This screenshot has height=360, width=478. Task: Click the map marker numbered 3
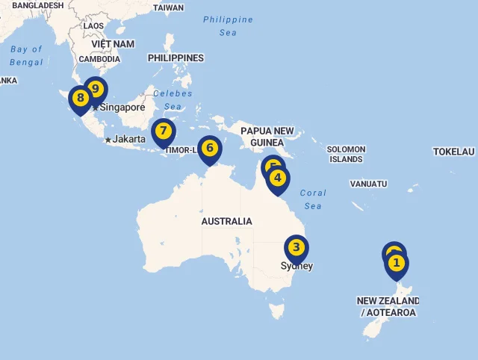[x=297, y=247]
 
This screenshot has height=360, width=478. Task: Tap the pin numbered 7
[x=163, y=131]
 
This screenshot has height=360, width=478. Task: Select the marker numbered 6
[x=210, y=148]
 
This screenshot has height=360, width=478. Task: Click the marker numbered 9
[x=95, y=89]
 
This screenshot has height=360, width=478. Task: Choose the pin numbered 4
[x=278, y=178]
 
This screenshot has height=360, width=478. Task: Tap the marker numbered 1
[x=397, y=263]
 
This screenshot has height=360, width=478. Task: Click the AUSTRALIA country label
[x=226, y=221]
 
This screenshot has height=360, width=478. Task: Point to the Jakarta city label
[x=128, y=139]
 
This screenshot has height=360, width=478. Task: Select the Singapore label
[x=123, y=108]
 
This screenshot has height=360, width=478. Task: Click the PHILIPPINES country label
[x=176, y=58]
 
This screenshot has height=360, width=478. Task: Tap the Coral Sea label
[x=313, y=199]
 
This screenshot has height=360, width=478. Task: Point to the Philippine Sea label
[x=228, y=26]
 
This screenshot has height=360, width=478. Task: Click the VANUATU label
[x=369, y=184]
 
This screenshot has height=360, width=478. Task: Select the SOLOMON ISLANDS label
[x=346, y=155]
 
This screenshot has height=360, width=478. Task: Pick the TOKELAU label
[x=453, y=152]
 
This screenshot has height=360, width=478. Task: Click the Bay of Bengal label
[x=27, y=56]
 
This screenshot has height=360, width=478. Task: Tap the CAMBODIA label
[x=99, y=59]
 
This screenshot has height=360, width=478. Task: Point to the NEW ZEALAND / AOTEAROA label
[x=388, y=307]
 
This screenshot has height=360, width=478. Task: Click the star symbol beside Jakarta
[x=108, y=140]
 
